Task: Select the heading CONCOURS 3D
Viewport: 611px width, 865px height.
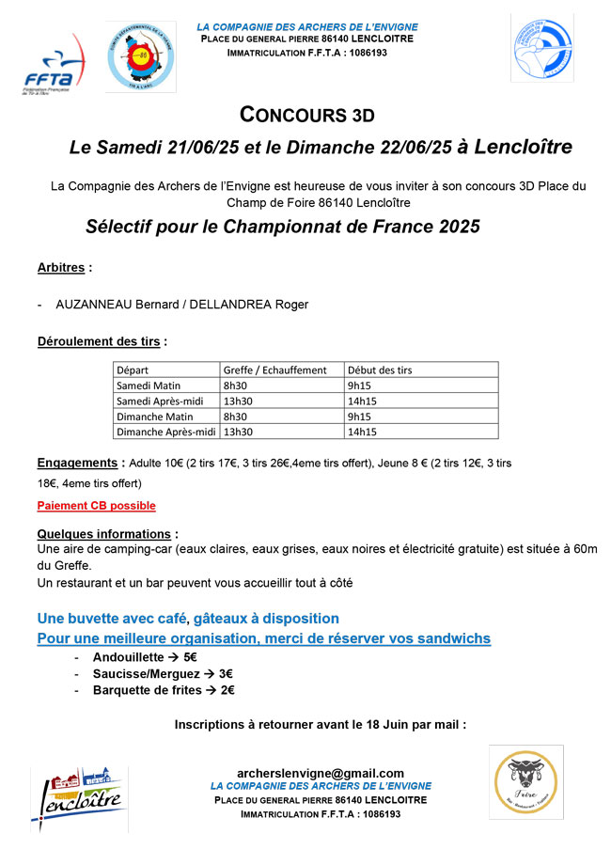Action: [307, 116]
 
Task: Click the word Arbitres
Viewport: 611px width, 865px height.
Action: [63, 267]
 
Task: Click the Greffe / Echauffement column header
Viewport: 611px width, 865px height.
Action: [274, 370]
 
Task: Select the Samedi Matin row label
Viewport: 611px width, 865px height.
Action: [148, 385]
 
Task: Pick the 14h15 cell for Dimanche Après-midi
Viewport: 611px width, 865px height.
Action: [362, 432]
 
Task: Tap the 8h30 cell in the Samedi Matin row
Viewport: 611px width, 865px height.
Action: [235, 385]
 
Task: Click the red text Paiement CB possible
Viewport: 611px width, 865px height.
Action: [96, 506]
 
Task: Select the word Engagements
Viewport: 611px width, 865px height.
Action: [77, 464]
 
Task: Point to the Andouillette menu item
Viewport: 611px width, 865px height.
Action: [133, 656]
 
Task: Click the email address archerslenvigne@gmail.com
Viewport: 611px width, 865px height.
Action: [320, 773]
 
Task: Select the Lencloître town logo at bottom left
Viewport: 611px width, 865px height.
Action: [80, 798]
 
